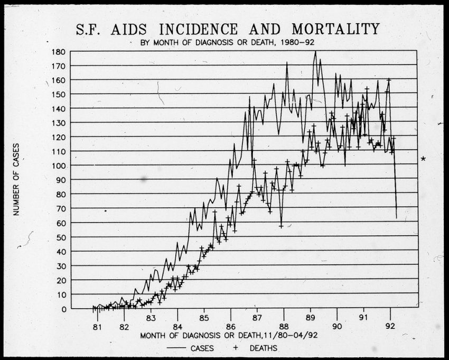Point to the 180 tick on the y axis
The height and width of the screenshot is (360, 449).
coord(59,52)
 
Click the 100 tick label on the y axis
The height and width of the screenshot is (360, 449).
coord(59,166)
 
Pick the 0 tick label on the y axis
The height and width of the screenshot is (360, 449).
coord(63,309)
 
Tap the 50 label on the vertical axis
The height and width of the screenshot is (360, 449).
coord(61,237)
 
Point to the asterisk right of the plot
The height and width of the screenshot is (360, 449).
coord(423,159)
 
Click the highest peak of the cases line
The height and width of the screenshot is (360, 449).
coord(315,51)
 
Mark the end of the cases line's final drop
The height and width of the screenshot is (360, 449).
coord(396,218)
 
